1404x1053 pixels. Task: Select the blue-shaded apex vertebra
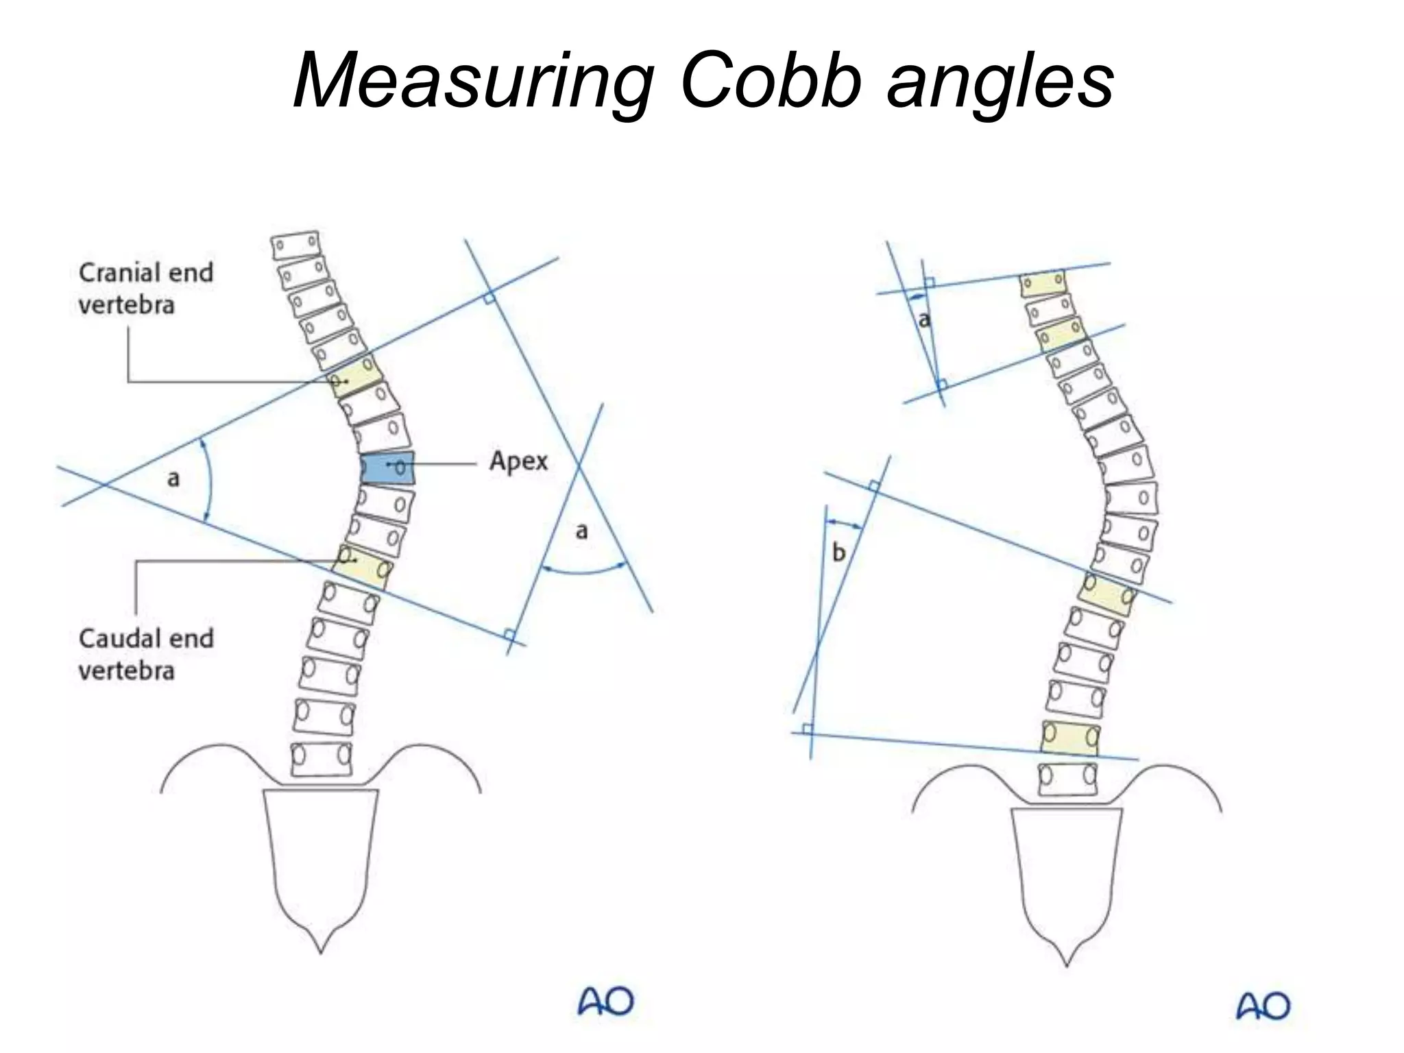coord(388,468)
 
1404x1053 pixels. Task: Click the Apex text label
coord(518,461)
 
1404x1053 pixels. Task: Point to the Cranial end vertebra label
coord(145,289)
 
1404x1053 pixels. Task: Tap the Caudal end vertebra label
coord(145,654)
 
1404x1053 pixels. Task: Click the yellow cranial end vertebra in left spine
coord(356,376)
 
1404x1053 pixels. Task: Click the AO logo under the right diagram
coord(1263,1006)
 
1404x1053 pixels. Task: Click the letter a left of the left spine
coord(173,478)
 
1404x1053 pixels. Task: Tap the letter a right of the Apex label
coord(581,531)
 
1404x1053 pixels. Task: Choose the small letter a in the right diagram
coord(924,319)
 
